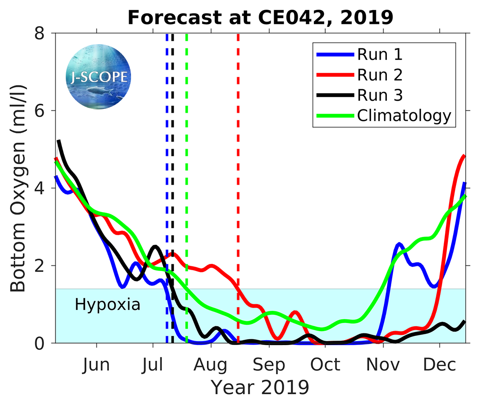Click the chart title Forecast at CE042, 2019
click(260, 17)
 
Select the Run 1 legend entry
click(379, 54)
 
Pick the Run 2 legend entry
click(379, 75)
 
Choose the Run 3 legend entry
click(379, 95)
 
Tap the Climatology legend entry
click(404, 116)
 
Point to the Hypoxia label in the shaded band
click(108, 304)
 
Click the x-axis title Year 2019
click(260, 386)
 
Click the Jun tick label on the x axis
click(96, 365)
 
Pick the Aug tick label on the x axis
click(211, 365)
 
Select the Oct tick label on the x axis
click(325, 365)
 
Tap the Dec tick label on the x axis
click(439, 365)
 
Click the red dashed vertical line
click(238, 144)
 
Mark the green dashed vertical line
click(187, 144)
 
